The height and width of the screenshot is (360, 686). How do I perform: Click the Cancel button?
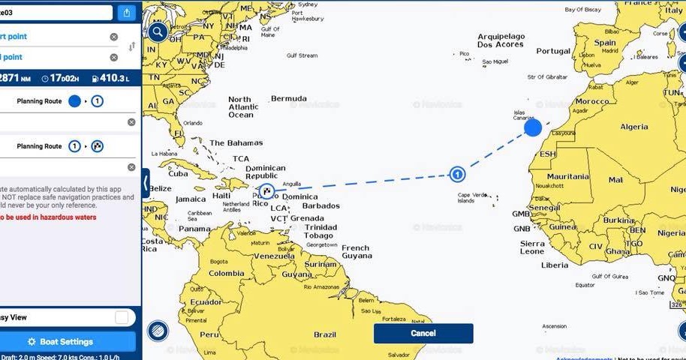click(x=423, y=333)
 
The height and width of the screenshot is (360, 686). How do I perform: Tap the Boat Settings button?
click(x=68, y=341)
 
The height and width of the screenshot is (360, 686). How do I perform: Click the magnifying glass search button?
click(x=158, y=31)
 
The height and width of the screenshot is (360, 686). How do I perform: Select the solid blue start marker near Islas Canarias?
click(x=533, y=127)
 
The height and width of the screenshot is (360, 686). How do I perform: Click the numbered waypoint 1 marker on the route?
click(x=456, y=175)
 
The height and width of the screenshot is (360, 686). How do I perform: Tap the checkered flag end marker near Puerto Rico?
click(x=265, y=190)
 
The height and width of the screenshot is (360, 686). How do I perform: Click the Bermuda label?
click(x=288, y=98)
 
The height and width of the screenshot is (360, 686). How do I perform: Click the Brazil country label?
click(x=325, y=334)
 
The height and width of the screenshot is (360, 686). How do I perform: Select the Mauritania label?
click(x=567, y=177)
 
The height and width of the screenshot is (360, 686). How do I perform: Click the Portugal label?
click(x=553, y=51)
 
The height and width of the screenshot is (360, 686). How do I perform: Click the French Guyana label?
click(x=356, y=252)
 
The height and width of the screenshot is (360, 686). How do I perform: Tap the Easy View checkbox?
click(x=122, y=318)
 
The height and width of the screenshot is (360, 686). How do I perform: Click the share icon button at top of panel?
click(x=126, y=13)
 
